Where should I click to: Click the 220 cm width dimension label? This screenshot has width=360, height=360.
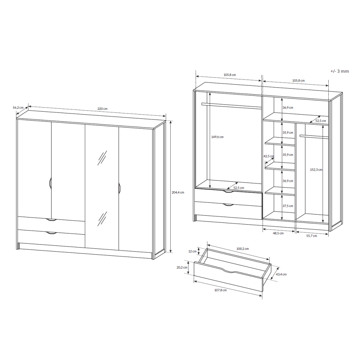102,109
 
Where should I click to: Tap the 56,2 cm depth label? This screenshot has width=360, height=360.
18,107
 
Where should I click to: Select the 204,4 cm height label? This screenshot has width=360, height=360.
178,192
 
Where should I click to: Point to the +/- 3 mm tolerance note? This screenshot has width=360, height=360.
339,71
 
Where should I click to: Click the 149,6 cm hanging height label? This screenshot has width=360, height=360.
217,137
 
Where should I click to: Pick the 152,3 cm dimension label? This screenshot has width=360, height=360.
316,170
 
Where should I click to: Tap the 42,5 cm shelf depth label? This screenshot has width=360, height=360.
269,156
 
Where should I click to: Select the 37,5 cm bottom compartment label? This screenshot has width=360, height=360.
288,206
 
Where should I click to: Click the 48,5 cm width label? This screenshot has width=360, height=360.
278,233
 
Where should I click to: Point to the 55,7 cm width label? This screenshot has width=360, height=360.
311,235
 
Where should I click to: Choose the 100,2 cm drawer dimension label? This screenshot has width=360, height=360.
242,249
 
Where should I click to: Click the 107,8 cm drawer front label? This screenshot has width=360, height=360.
220,290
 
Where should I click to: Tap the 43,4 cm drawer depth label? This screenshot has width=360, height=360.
281,274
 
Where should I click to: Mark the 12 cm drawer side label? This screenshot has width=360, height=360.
192,251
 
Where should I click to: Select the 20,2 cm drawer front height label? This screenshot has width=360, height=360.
182,267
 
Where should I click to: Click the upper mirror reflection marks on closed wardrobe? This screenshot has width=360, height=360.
102,158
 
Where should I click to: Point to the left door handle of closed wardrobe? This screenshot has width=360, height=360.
50,183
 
